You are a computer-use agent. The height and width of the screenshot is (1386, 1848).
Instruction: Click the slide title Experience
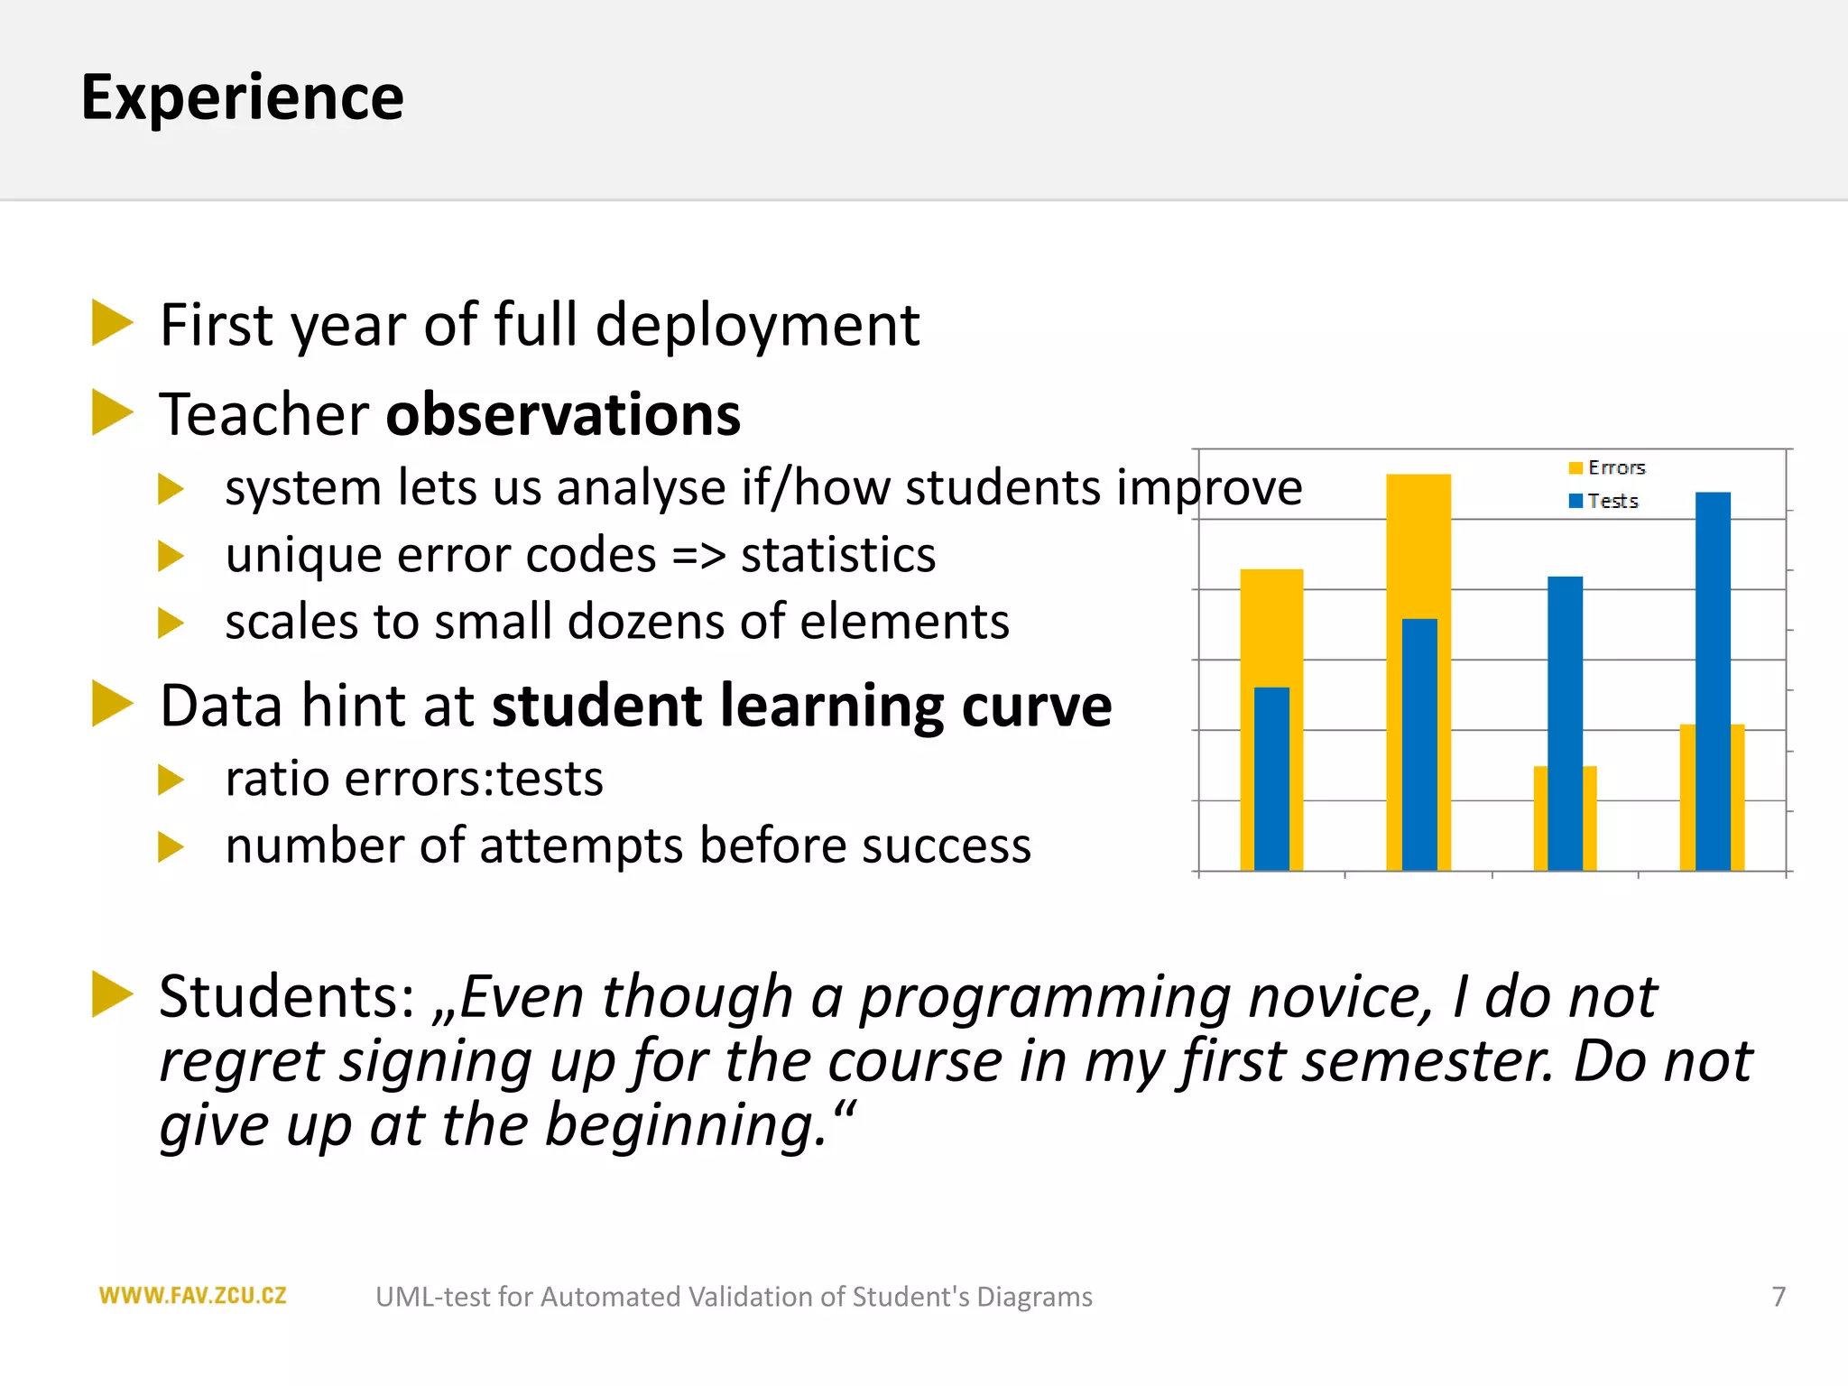click(x=242, y=97)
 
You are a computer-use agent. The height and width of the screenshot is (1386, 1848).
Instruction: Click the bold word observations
click(x=563, y=415)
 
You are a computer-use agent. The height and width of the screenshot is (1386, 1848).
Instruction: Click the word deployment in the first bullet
click(x=756, y=325)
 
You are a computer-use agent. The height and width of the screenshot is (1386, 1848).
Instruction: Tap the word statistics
click(x=838, y=555)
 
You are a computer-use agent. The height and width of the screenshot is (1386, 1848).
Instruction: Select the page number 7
click(x=1778, y=1297)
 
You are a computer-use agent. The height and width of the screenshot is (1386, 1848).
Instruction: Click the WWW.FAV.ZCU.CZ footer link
click(x=192, y=1297)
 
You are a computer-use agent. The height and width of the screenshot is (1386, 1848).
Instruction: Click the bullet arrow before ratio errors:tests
click(x=170, y=780)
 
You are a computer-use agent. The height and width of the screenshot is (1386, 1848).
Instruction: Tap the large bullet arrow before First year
click(x=112, y=323)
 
